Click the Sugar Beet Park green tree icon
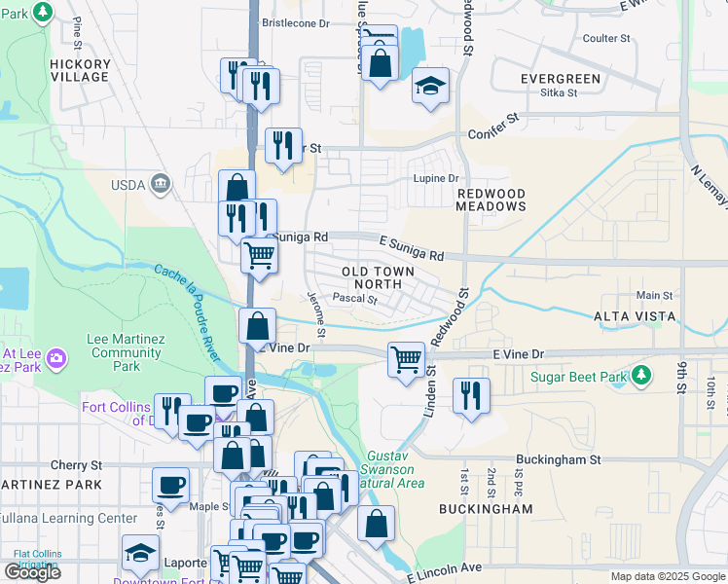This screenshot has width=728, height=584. tap(640, 375)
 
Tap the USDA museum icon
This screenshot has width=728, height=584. tap(162, 183)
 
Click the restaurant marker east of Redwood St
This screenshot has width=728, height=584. tap(470, 394)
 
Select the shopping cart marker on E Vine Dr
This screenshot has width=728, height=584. tap(406, 359)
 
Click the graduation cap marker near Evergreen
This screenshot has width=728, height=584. tap(430, 86)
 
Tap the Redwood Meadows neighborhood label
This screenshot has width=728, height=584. tap(491, 200)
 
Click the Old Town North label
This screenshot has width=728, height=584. tap(378, 277)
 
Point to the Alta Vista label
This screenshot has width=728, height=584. tap(635, 316)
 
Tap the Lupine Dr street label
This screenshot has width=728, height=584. tap(436, 178)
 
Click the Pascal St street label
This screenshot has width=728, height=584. tap(354, 299)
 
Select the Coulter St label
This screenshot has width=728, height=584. tap(606, 38)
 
